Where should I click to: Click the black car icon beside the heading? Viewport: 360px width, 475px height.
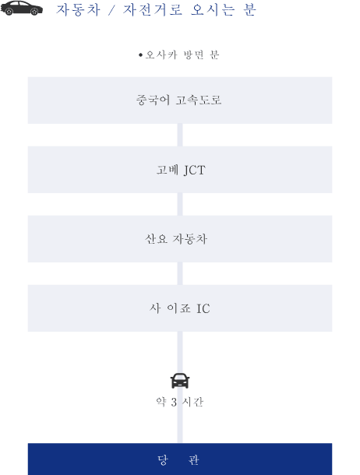click(22, 9)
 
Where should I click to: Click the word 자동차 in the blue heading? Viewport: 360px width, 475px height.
click(78, 9)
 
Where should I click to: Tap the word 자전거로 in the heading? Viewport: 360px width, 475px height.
click(153, 9)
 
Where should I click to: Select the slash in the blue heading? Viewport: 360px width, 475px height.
click(111, 10)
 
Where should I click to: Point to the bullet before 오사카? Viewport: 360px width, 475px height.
click(140, 55)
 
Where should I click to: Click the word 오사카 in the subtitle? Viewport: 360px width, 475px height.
click(161, 55)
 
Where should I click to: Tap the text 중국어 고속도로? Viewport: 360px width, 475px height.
click(179, 100)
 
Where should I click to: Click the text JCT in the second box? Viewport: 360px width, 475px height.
click(195, 171)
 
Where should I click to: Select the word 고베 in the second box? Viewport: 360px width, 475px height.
click(168, 170)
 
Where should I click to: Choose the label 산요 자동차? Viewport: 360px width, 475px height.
click(176, 239)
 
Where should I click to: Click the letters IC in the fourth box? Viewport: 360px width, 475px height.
click(203, 308)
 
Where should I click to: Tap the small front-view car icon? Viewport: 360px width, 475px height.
click(180, 381)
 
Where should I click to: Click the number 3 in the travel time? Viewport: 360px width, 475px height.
click(174, 403)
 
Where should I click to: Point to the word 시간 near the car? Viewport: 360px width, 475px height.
click(192, 402)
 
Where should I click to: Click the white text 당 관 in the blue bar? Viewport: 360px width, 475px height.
click(178, 460)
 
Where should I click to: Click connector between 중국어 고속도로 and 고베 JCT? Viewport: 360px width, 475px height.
click(180, 135)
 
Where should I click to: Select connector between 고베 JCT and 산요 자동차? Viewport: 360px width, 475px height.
click(180, 205)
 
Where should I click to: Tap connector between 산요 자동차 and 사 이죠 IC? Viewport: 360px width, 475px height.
click(180, 273)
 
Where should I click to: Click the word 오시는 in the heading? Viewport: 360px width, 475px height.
click(213, 9)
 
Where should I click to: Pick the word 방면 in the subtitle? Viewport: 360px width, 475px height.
click(193, 55)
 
